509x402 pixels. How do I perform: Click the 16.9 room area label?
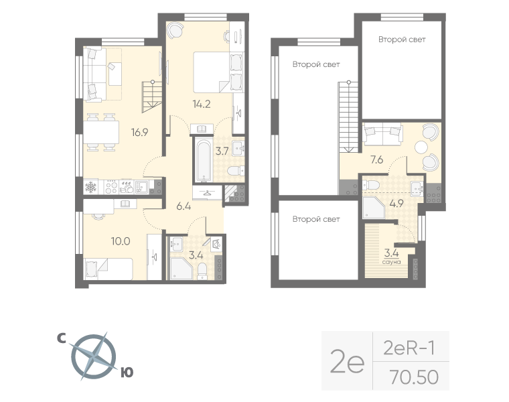click(140, 132)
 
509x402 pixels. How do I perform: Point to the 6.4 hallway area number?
click(184, 206)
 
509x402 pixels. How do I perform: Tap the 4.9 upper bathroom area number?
click(396, 204)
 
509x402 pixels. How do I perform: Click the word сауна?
click(392, 261)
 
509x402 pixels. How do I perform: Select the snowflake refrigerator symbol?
click(92, 186)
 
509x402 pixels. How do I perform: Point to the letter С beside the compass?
click(60, 340)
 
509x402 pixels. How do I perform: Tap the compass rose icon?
click(94, 356)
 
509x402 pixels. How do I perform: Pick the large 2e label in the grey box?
click(348, 362)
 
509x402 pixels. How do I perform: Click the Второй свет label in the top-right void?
click(401, 40)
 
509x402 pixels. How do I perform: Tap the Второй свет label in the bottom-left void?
click(315, 219)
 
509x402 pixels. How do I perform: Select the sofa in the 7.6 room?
click(382, 134)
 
